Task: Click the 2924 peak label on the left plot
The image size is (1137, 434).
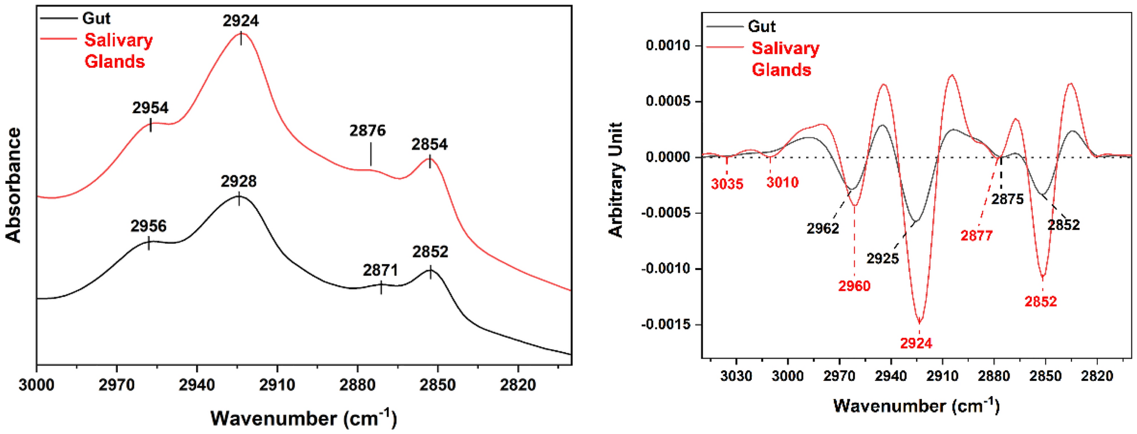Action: pyautogui.click(x=240, y=21)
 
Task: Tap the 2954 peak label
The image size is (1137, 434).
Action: pyautogui.click(x=150, y=108)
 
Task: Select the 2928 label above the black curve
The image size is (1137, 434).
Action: pyautogui.click(x=239, y=181)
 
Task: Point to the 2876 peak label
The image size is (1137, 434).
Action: pyautogui.click(x=367, y=131)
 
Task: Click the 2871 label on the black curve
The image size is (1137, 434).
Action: pyautogui.click(x=380, y=270)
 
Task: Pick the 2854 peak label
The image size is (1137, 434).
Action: pyautogui.click(x=429, y=144)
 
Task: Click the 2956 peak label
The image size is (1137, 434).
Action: pyautogui.click(x=148, y=226)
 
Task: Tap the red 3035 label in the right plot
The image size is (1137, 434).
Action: pyautogui.click(x=727, y=184)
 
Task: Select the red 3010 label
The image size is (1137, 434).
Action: pyautogui.click(x=782, y=182)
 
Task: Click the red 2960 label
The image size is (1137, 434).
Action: pyautogui.click(x=854, y=286)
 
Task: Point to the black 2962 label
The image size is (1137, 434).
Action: pyautogui.click(x=823, y=229)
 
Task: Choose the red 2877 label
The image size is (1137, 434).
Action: pyautogui.click(x=976, y=235)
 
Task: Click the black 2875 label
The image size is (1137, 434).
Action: pyautogui.click(x=1007, y=199)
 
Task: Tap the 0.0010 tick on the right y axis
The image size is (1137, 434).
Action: pyautogui.click(x=668, y=45)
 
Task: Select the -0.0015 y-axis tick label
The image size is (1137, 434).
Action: pyautogui.click(x=666, y=325)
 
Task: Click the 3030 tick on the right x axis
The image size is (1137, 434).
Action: pyautogui.click(x=736, y=376)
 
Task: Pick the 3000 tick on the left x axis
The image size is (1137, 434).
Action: pyautogui.click(x=36, y=385)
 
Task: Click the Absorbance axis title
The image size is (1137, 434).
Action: pyautogui.click(x=14, y=185)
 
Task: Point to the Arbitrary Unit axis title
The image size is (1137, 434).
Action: pyautogui.click(x=615, y=180)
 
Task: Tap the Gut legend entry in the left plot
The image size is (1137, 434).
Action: pyautogui.click(x=96, y=18)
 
